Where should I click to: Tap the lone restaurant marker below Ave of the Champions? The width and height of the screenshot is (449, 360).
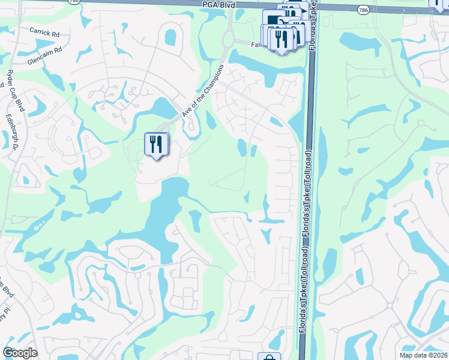[156, 144]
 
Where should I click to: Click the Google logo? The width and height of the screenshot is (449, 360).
[20, 353]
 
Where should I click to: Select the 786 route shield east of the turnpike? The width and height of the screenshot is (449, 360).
[363, 10]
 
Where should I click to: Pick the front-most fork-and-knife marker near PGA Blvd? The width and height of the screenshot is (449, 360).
[280, 39]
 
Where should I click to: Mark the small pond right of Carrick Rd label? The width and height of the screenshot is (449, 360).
[170, 37]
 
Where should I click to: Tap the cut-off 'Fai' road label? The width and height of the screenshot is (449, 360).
[256, 44]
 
